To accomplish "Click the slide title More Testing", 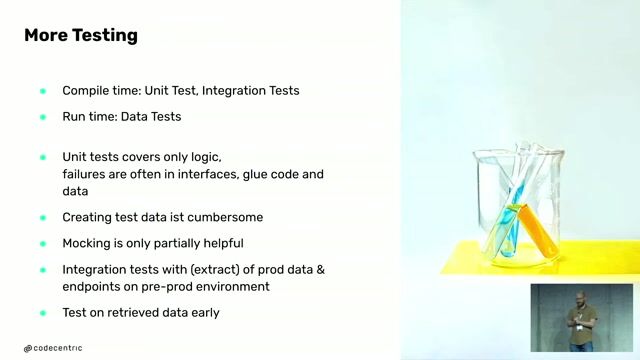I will (81, 36).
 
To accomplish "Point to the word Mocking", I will (89, 243).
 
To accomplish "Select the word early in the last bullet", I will (204, 313).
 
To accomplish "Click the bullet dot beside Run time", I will (43, 117).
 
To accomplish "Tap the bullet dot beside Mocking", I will (43, 243).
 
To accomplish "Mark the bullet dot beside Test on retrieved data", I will (43, 313).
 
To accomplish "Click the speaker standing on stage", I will (581, 319).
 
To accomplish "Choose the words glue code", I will (272, 174).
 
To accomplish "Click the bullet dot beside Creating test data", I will (43, 217).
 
